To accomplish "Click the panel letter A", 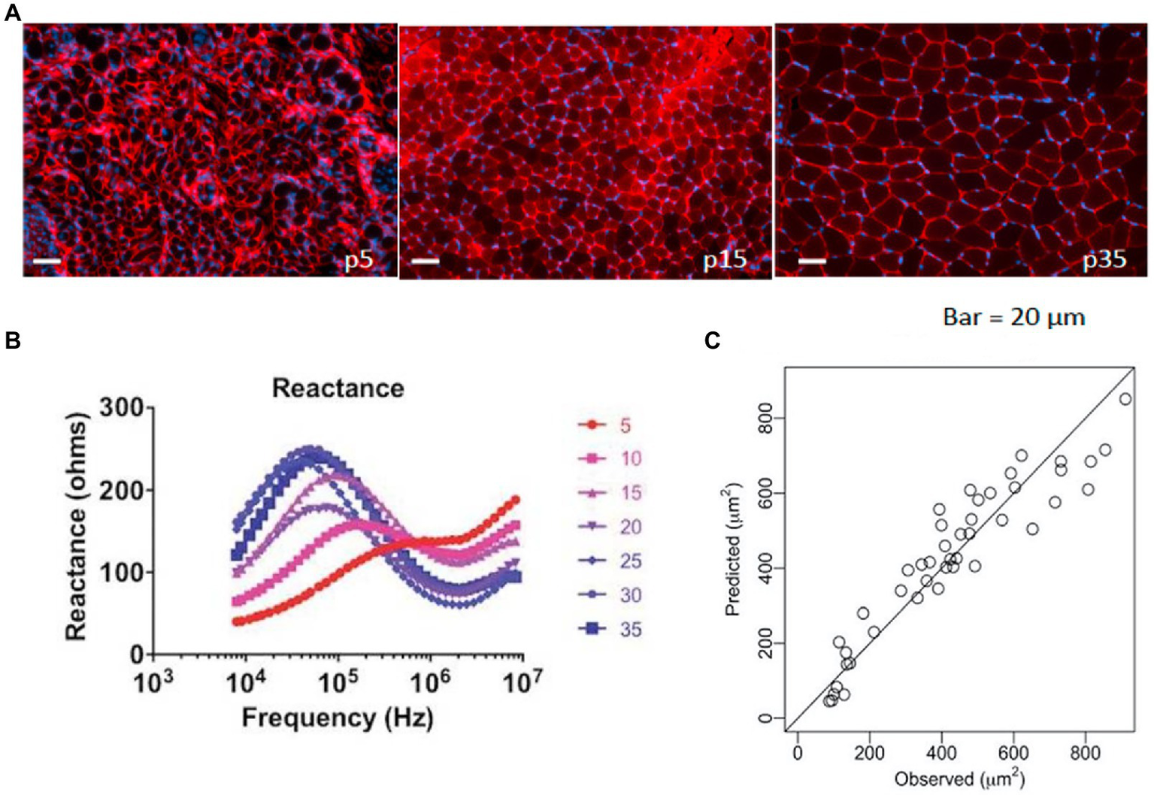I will [12, 13].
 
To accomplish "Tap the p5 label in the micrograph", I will [359, 261].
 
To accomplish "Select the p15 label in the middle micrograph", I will [724, 260].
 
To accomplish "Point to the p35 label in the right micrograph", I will [1104, 260].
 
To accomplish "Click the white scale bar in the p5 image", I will [47, 261].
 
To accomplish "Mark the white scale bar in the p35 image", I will [811, 261].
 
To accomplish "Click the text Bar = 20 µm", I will [1013, 317].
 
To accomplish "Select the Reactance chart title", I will [338, 388].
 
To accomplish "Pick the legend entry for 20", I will [609, 527].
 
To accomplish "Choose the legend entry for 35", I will [609, 629].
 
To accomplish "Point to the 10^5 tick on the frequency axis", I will [337, 682].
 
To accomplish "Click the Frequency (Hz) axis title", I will [338, 718].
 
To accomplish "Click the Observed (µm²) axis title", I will [959, 778].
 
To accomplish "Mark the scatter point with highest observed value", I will [1125, 399].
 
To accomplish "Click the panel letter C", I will [712, 340].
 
